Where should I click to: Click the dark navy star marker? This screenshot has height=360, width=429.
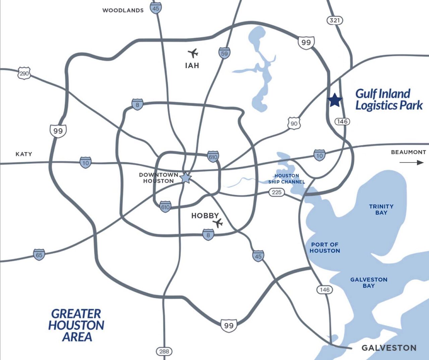tap(335, 100)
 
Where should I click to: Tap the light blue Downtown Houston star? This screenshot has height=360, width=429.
tap(186, 178)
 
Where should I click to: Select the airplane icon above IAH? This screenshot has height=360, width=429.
tap(193, 53)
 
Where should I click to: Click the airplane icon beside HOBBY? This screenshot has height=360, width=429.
tap(218, 223)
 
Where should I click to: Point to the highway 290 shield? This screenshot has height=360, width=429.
tap(24, 73)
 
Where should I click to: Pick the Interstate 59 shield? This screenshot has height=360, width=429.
tap(224, 53)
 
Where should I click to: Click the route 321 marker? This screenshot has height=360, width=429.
tap(335, 20)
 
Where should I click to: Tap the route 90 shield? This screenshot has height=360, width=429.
tap(294, 123)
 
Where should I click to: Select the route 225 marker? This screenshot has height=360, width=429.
tap(277, 192)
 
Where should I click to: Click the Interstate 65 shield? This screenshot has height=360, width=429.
tap(39, 255)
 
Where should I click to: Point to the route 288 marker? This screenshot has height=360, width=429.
tap(164, 351)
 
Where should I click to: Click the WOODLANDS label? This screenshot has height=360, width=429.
tap(123, 10)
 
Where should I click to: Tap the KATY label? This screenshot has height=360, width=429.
tap(24, 154)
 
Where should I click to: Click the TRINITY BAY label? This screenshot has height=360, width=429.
tap(381, 209)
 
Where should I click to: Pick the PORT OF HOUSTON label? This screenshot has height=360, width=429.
tap(325, 248)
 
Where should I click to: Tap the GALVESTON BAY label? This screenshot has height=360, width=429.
tap(369, 283)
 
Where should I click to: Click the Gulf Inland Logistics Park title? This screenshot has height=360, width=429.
tap(389, 99)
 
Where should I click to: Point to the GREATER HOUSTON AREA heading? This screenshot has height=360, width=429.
tap(76, 325)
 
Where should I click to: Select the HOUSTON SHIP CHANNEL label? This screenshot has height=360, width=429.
tap(287, 179)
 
